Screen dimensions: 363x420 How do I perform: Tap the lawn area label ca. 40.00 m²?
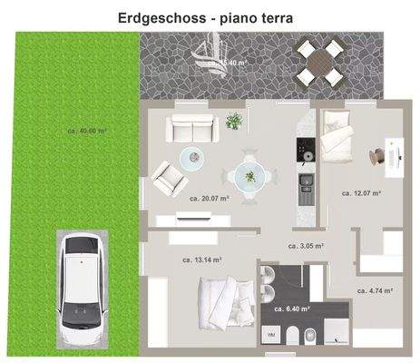[87, 131]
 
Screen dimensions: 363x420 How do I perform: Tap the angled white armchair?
[169, 176]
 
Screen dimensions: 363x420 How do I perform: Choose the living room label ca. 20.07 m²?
[209, 197]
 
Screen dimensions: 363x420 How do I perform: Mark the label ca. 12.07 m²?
[361, 193]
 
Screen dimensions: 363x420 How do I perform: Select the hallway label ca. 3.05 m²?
[306, 245]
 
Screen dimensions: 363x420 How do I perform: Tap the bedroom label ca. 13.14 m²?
[202, 260]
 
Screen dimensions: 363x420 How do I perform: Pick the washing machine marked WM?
[271, 335]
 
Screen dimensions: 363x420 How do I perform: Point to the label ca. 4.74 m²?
[374, 291]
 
